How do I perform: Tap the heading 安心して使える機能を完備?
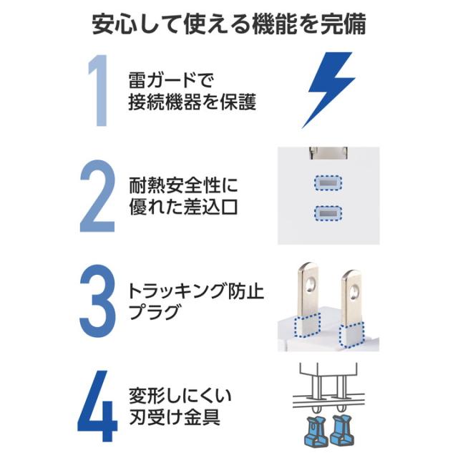pyautogui.click(x=229, y=24)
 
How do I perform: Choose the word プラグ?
pyautogui.click(x=152, y=313)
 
